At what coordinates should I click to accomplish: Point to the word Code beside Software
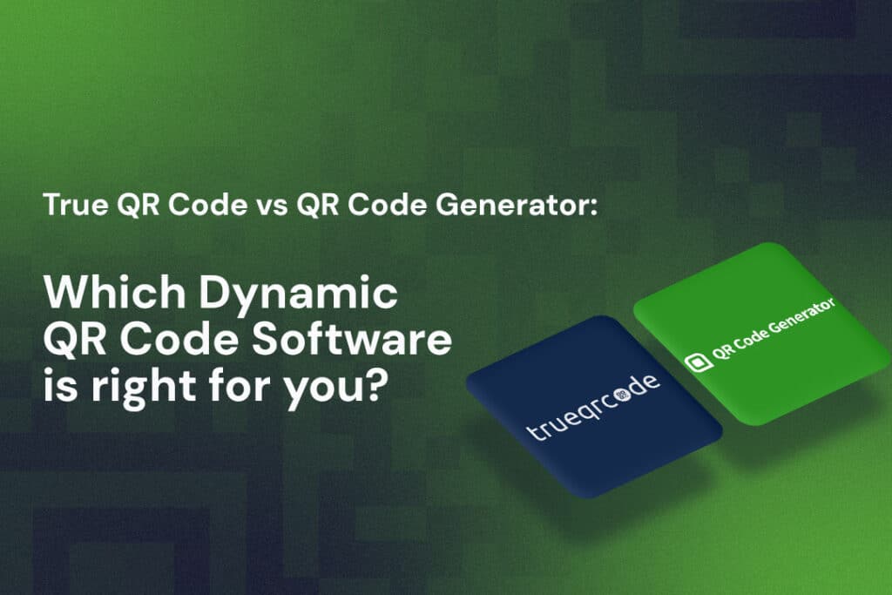click(192, 340)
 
